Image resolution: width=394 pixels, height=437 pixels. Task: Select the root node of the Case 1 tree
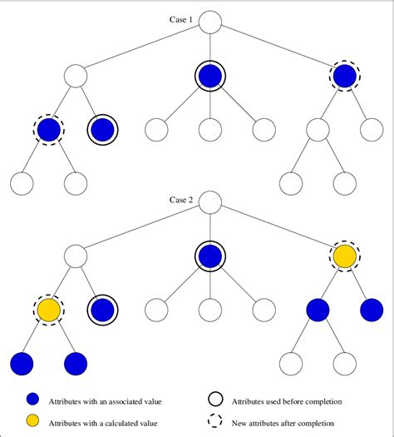[210, 21]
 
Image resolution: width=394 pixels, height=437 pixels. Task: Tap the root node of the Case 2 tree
[210, 202]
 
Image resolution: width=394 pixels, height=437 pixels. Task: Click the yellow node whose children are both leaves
[49, 310]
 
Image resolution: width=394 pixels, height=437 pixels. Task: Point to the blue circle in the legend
[32, 401]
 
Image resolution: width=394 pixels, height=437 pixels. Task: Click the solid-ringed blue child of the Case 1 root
[210, 77]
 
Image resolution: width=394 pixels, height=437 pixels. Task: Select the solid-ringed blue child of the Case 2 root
[210, 257]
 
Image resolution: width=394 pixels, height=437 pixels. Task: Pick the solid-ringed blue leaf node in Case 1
[102, 129]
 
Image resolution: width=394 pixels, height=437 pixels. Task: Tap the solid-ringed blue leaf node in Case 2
[102, 310]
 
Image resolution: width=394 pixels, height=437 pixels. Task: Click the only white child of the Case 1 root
[76, 77]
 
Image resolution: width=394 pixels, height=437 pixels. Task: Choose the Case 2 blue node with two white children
[317, 310]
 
